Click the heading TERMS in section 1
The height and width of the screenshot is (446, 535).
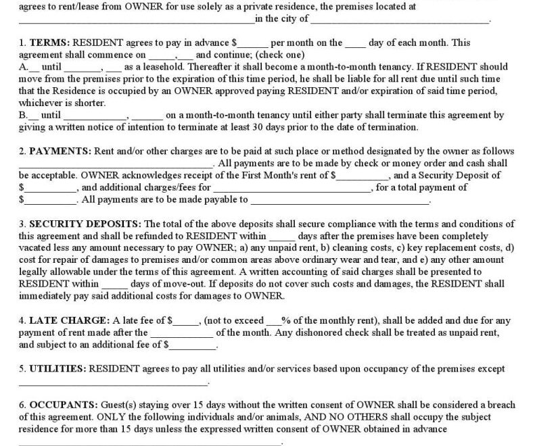[x=48, y=43]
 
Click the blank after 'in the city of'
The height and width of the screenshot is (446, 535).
[x=400, y=20]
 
